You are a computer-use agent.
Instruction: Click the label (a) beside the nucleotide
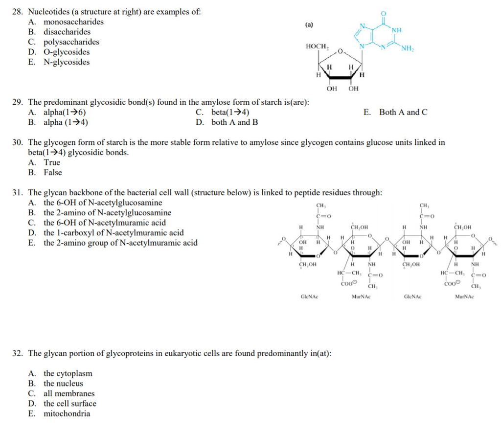tap(309, 24)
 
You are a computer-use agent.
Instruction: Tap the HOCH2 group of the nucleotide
tap(317, 46)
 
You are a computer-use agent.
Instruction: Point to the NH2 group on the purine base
tap(407, 47)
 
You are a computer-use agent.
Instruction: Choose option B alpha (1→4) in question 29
tap(59, 122)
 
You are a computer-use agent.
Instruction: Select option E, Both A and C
tap(396, 113)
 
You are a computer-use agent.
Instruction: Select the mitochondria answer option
tap(67, 414)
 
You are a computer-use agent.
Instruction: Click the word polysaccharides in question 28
tap(71, 42)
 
